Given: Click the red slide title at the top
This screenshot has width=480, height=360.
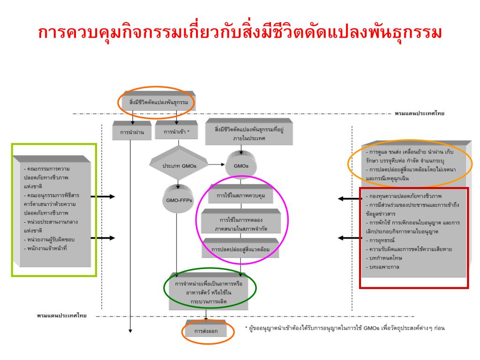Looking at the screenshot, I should click(x=240, y=33).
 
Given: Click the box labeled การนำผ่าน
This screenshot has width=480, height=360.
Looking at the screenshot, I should click(x=132, y=132).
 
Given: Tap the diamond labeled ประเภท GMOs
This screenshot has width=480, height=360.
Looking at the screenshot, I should click(x=178, y=166).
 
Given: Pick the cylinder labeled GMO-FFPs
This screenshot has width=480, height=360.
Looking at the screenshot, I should click(x=176, y=200).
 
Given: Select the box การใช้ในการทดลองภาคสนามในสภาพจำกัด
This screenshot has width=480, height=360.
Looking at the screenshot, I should click(x=240, y=223).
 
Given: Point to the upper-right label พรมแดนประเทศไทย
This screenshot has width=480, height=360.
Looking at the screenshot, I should click(x=419, y=113).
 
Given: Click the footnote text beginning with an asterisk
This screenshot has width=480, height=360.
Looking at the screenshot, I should click(x=345, y=328).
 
